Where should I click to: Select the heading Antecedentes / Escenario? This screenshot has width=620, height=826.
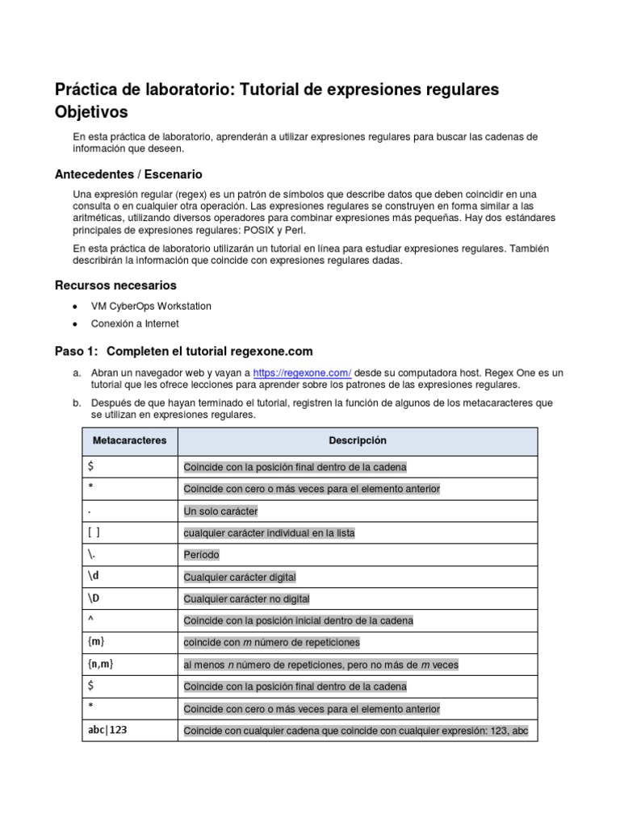pyautogui.click(x=128, y=174)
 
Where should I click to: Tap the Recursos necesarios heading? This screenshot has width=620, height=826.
pyautogui.click(x=115, y=286)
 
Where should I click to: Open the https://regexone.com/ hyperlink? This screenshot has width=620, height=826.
pyautogui.click(x=302, y=373)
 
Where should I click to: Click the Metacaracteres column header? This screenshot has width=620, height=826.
pyautogui.click(x=130, y=440)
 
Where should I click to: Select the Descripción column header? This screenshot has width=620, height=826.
pyautogui.click(x=357, y=440)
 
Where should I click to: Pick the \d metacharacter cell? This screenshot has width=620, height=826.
pyautogui.click(x=94, y=577)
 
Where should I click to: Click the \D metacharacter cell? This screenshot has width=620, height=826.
pyautogui.click(x=95, y=599)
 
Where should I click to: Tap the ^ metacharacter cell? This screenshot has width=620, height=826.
pyautogui.click(x=91, y=620)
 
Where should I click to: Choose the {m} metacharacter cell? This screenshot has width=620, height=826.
pyautogui.click(x=97, y=642)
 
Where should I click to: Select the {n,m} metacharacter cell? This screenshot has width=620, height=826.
pyautogui.click(x=101, y=664)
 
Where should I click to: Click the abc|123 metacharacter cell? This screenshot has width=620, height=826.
pyautogui.click(x=107, y=730)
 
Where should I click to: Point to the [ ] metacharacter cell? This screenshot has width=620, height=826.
pyautogui.click(x=94, y=532)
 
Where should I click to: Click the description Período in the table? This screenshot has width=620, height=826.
pyautogui.click(x=201, y=555)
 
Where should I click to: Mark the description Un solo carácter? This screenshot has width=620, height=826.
pyautogui.click(x=220, y=511)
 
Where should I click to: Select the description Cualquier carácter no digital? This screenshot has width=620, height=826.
pyautogui.click(x=246, y=599)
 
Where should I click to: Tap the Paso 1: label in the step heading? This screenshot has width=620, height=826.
pyautogui.click(x=75, y=352)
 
